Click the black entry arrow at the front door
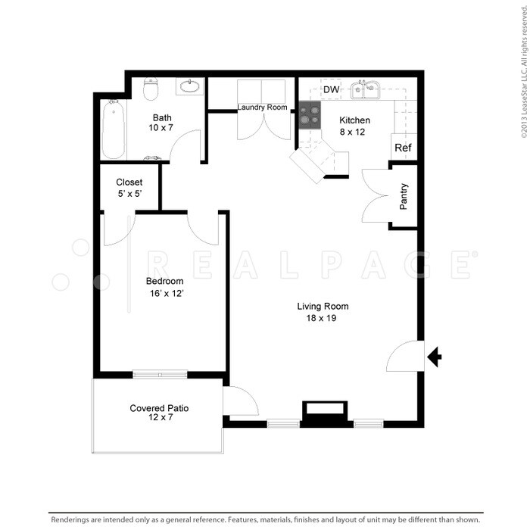(x=435, y=357)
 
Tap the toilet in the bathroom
(x=151, y=89)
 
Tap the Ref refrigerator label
(x=404, y=148)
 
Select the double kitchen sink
(x=369, y=90)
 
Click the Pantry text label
(x=404, y=197)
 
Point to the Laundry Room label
(x=262, y=108)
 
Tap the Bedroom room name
(x=165, y=281)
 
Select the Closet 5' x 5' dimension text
(x=129, y=195)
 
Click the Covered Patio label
(x=159, y=408)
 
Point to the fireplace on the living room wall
(x=325, y=413)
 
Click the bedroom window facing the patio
(x=160, y=373)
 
